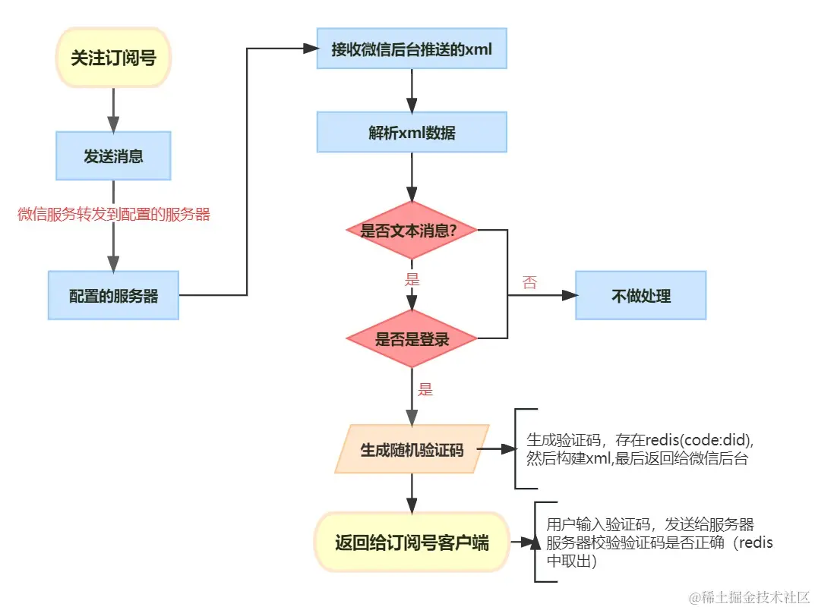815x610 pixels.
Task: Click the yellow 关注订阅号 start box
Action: (113, 58)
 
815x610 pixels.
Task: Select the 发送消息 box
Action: (113, 156)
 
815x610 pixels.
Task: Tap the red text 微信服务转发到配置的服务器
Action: (114, 215)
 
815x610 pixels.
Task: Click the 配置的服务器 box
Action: (113, 296)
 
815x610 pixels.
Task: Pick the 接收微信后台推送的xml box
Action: (411, 49)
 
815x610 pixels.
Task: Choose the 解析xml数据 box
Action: (411, 132)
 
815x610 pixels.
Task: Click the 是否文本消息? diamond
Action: (411, 230)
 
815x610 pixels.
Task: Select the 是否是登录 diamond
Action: (411, 339)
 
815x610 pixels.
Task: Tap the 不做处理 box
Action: (640, 296)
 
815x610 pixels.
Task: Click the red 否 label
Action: (529, 283)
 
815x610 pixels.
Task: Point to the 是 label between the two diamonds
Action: (412, 279)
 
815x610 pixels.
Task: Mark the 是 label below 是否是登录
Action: (425, 390)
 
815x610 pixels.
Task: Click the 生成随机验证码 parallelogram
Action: (411, 450)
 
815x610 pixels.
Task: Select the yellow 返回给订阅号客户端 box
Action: (411, 542)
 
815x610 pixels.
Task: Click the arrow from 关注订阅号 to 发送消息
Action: (113, 109)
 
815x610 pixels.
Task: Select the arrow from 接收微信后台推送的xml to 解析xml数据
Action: (411, 90)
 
